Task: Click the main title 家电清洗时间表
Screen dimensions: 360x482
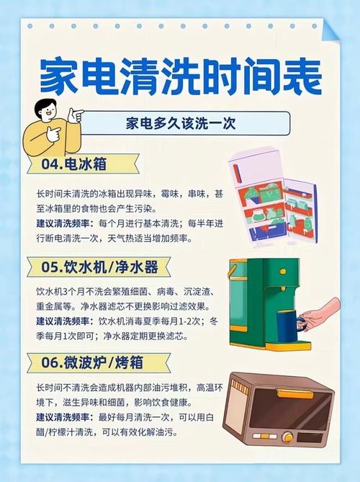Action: (181, 76)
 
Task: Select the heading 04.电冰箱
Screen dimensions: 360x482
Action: (74, 164)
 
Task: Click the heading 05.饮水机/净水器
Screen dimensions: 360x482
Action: (99, 267)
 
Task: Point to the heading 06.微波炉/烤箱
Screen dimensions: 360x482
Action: (92, 362)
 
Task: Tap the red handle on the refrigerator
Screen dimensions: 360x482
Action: (236, 174)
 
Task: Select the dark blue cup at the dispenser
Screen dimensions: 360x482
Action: (287, 326)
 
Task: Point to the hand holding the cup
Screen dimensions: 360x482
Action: (321, 314)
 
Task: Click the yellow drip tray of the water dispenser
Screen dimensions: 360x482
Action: (288, 347)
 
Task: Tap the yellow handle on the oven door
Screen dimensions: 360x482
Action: (294, 393)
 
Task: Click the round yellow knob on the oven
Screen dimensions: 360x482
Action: (287, 437)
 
